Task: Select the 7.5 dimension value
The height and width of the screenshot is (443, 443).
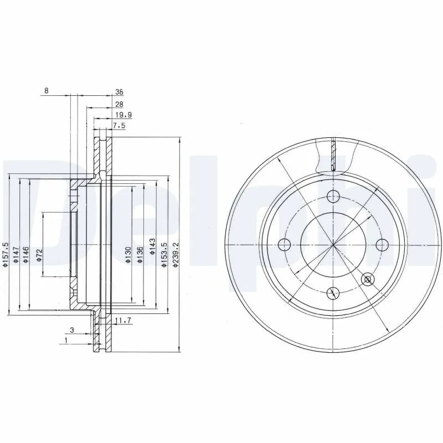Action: tap(120, 126)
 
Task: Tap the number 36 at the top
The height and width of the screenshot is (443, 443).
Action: tap(119, 92)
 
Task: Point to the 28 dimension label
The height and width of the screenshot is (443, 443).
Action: tap(119, 104)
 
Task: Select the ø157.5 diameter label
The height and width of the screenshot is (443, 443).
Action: tap(6, 255)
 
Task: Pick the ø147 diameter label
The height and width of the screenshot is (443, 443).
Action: tap(17, 255)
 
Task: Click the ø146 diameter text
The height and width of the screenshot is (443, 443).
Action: tap(27, 255)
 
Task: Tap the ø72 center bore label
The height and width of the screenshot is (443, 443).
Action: tap(40, 255)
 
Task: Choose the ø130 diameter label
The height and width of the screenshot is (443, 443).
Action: tap(128, 254)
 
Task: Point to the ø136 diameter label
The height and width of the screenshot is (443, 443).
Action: tap(141, 254)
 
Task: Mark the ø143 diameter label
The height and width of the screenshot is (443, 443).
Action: tap(152, 254)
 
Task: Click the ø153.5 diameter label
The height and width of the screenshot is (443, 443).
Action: tap(164, 255)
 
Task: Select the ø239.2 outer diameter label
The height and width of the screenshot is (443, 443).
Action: tap(177, 255)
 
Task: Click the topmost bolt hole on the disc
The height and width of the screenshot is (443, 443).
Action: tap(332, 195)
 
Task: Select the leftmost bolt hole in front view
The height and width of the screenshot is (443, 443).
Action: tap(284, 244)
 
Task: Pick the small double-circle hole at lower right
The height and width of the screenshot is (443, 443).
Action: tap(366, 279)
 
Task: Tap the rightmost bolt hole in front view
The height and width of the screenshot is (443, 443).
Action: tap(381, 244)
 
